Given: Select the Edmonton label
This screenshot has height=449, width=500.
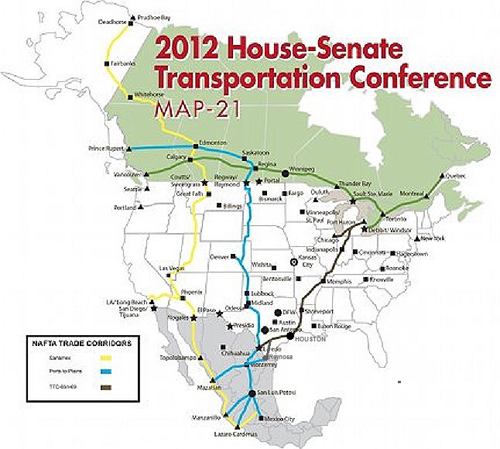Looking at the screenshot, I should pos(211,142).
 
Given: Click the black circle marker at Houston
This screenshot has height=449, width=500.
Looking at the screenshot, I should pos(290,336).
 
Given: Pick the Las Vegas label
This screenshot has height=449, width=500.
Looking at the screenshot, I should pos(173,269).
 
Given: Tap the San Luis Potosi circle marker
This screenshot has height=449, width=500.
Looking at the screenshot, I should pos(252,396).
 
